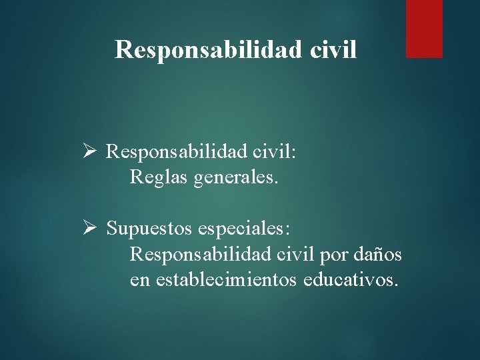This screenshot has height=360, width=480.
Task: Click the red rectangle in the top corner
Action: (x=424, y=28)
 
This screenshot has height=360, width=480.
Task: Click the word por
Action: (x=331, y=255)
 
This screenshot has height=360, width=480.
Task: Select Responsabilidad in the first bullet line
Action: (x=175, y=152)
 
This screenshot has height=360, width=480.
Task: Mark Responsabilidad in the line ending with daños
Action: (x=199, y=255)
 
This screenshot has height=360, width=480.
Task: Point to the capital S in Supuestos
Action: (x=111, y=229)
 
